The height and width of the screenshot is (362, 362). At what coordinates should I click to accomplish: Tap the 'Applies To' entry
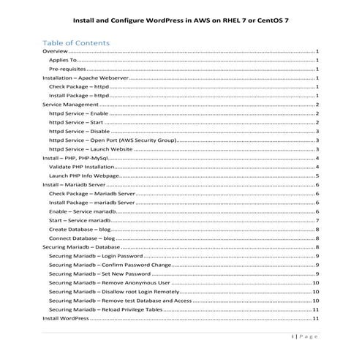(62, 61)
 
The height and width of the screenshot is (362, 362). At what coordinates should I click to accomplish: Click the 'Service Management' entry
(70, 105)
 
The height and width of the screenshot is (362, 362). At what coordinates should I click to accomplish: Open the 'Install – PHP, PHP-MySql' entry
(75, 158)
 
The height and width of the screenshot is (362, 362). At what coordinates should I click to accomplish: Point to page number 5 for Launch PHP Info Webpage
(317, 176)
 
